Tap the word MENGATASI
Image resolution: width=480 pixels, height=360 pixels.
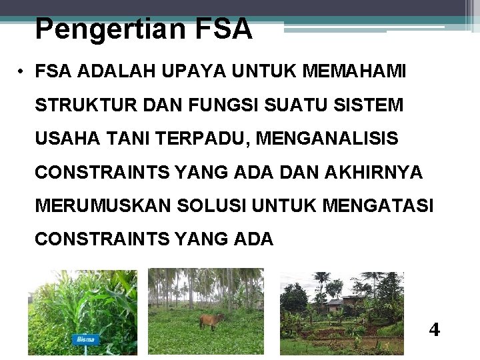point(377,205)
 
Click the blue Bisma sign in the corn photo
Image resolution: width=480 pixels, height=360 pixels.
point(85,339)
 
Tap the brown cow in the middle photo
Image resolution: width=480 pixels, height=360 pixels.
point(212,320)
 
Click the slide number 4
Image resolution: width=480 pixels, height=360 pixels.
point(434,330)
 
